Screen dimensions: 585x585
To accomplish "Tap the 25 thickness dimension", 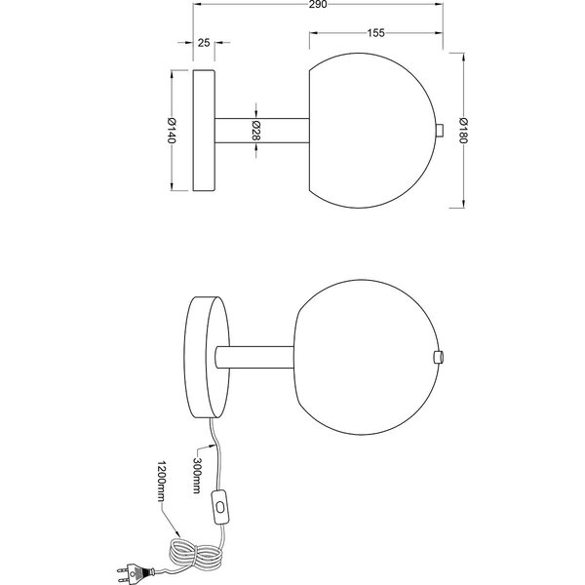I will tap(204, 43).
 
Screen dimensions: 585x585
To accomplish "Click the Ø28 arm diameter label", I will tap(255, 130).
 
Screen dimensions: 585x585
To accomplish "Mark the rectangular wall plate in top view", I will tap(204, 130).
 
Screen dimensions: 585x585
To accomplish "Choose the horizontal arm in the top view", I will tap(260, 130).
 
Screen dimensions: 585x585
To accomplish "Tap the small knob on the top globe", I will tap(440, 130).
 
